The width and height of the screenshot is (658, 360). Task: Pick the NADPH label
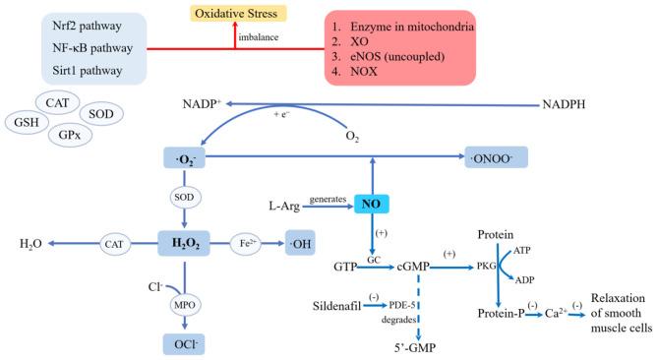(576, 103)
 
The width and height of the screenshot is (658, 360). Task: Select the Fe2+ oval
(248, 242)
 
